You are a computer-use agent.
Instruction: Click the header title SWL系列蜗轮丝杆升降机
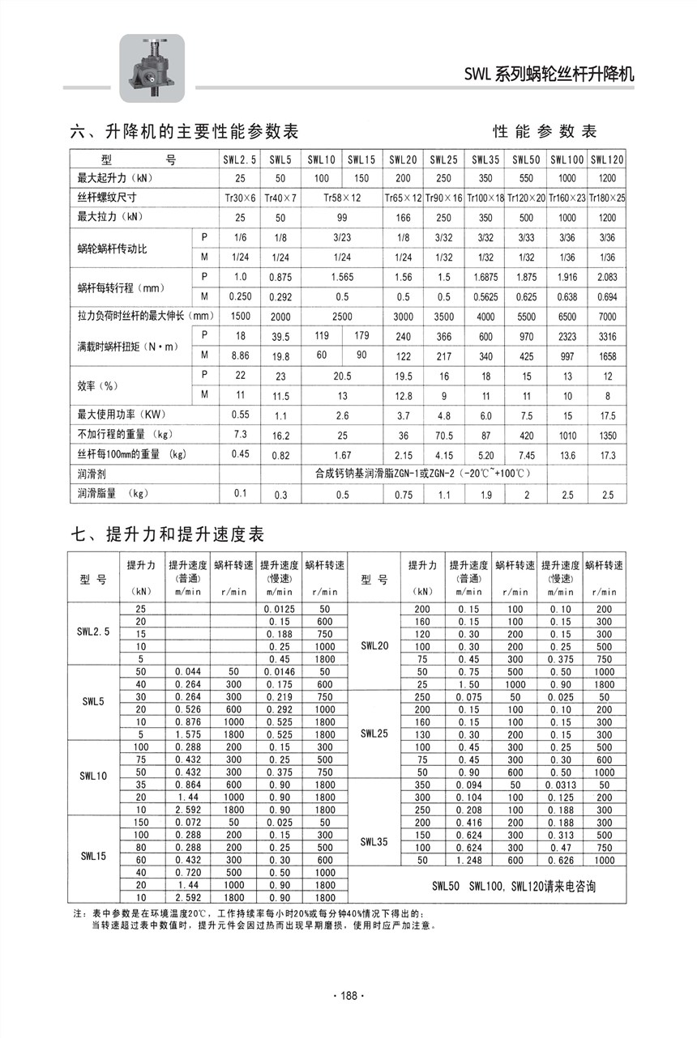549,75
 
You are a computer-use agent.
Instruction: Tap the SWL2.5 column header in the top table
240,160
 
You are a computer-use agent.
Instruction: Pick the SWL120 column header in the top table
608,160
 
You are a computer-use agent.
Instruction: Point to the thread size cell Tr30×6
240,198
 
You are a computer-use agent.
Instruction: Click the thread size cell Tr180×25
608,198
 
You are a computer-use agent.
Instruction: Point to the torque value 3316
608,336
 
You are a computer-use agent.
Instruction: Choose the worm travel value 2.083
608,277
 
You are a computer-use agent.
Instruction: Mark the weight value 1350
608,435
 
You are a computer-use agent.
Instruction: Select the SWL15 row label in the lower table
94,855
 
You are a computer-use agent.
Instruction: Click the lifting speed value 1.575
187,734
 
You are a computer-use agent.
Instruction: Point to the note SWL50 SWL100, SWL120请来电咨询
514,887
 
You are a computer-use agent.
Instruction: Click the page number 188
349,996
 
